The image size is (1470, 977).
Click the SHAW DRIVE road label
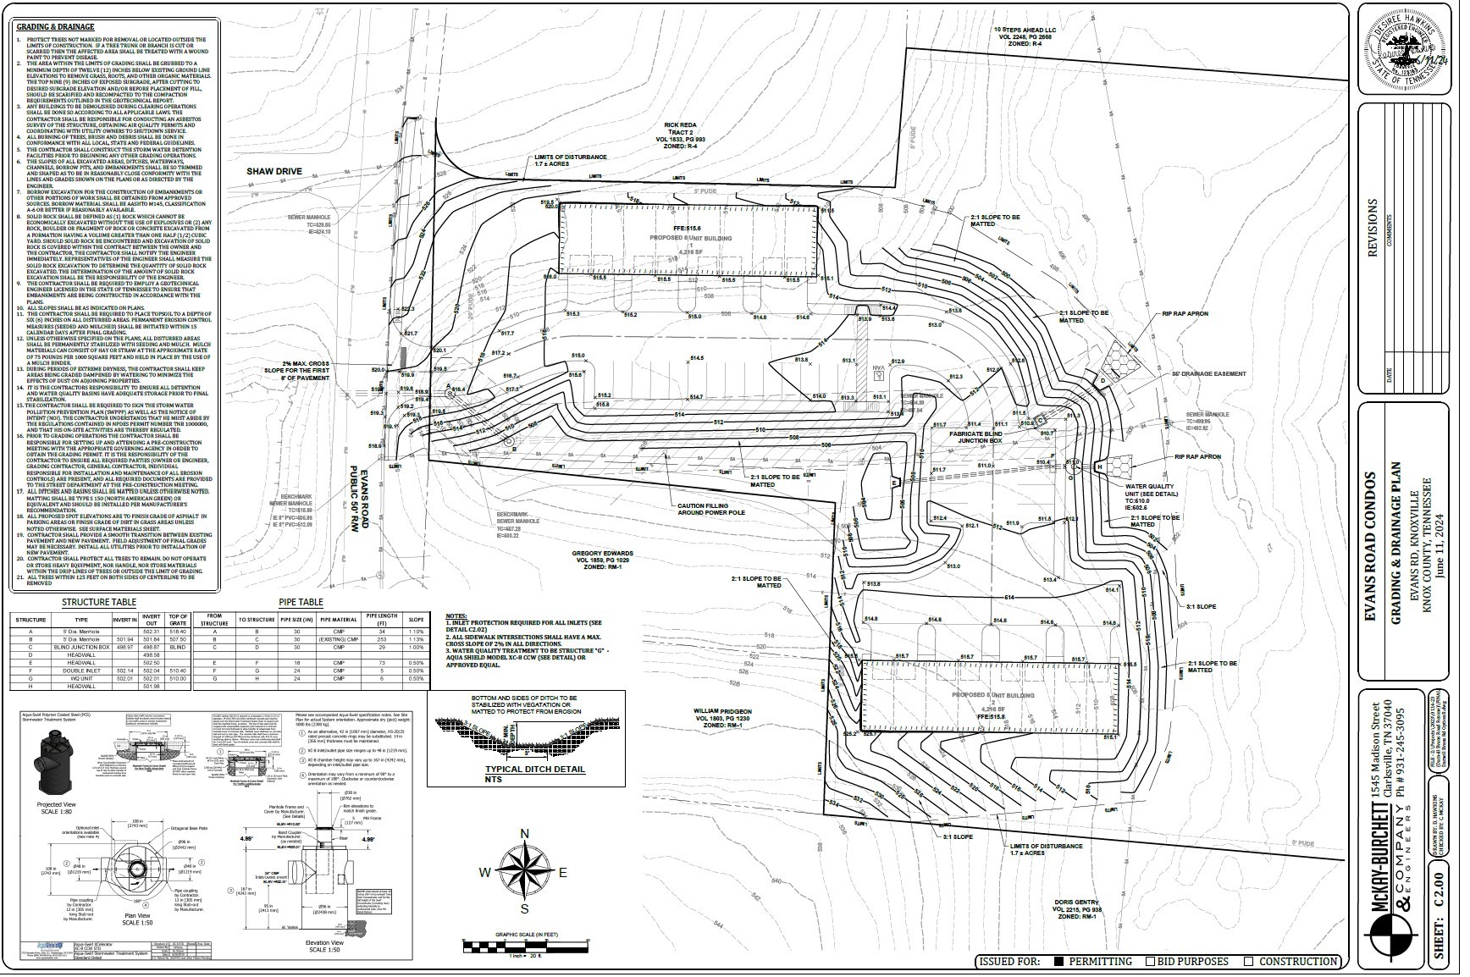(274, 171)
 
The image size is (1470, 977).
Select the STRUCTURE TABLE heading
(99, 603)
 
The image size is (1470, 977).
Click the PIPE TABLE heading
(301, 603)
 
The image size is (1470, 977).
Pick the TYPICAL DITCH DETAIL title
(522, 769)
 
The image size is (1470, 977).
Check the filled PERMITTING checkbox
(1058, 961)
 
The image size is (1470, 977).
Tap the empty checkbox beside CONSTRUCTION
(1248, 961)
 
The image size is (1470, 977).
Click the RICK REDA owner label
(680, 124)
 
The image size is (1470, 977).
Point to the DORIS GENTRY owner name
(1075, 902)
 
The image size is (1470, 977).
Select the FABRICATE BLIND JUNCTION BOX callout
(975, 437)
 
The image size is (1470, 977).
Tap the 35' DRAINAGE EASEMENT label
(1208, 373)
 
